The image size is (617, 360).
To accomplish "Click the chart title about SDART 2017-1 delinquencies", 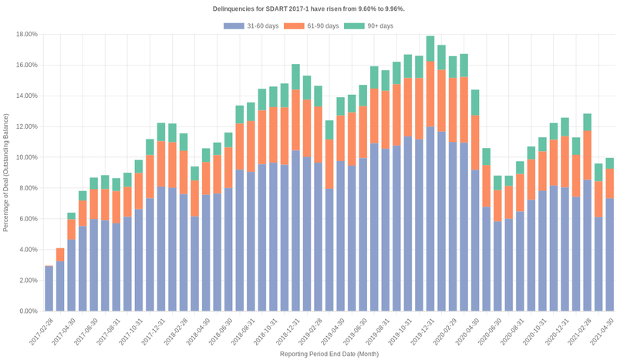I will coord(308,8).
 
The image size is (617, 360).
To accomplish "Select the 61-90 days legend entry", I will coord(312,26).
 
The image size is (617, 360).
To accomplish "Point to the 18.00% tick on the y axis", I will coord(26,34).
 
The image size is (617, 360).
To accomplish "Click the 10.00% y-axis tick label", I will coord(26,157).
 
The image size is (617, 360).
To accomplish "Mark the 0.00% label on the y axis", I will coord(28,311).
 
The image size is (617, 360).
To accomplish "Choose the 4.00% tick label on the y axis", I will coord(28,250).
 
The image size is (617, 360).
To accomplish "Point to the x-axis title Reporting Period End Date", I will coord(328,355).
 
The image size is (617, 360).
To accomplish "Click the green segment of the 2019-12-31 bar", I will coord(430,49).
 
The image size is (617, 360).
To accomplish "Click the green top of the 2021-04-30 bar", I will coord(609,163).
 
